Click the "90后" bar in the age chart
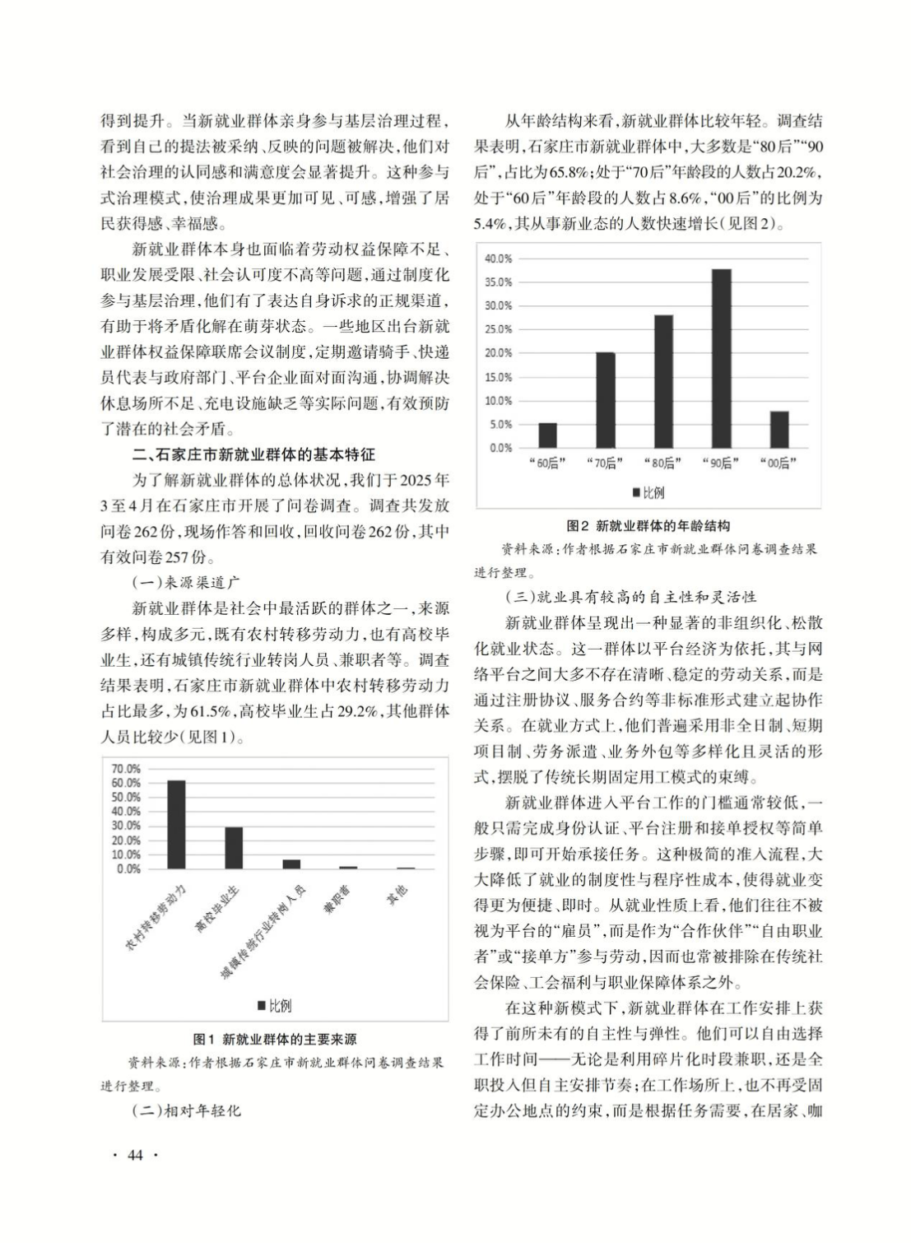pos(721,358)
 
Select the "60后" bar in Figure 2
pos(547,435)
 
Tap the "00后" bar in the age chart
pos(779,429)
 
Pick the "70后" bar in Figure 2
pos(605,399)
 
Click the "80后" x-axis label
pos(662,463)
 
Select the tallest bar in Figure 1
pos(176,824)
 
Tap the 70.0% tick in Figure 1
pos(126,769)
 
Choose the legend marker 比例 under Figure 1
pos(262,1006)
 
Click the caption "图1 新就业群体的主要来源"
pos(274,1040)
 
